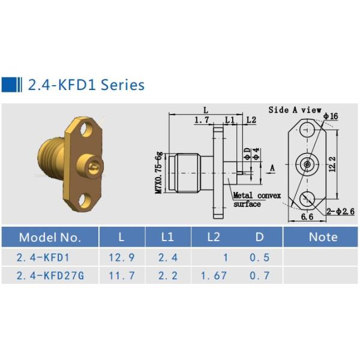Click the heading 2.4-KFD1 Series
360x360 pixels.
86,85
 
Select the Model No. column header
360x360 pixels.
49,237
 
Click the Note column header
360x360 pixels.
323,237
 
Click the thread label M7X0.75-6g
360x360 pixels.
159,171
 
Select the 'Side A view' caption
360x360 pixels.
295,110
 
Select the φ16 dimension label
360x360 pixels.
331,116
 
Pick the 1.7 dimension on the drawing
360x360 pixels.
201,121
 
